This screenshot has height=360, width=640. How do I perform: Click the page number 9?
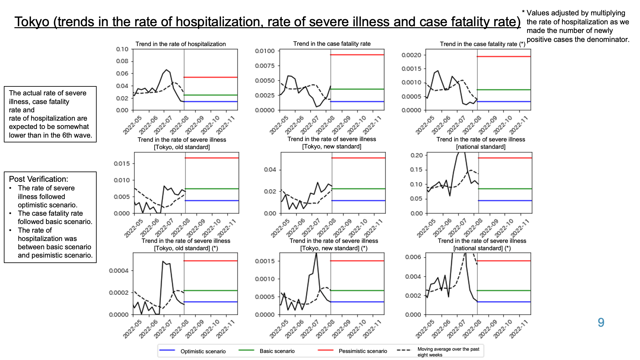point(601,322)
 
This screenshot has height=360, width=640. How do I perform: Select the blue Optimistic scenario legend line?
point(167,350)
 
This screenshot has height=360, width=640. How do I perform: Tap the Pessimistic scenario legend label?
point(363,351)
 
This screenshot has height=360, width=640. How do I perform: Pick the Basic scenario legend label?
point(277,351)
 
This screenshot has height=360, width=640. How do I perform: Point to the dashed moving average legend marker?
point(404,350)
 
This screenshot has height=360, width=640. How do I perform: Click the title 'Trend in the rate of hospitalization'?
point(180,44)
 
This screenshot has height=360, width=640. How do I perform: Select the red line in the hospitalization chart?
point(211,77)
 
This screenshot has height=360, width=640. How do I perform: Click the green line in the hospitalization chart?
point(211,95)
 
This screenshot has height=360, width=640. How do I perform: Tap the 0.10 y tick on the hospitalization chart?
point(122,49)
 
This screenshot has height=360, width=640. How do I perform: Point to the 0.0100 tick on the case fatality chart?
point(265,51)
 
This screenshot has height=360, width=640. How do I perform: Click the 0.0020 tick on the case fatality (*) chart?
point(411,55)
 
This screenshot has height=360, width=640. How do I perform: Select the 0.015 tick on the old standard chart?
point(122,164)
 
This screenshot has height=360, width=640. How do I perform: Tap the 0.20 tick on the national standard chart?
point(416,155)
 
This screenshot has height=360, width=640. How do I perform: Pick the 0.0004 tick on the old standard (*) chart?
point(119,271)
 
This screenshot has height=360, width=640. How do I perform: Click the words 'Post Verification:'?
point(39,179)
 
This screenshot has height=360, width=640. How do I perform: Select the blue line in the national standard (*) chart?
point(504,302)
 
